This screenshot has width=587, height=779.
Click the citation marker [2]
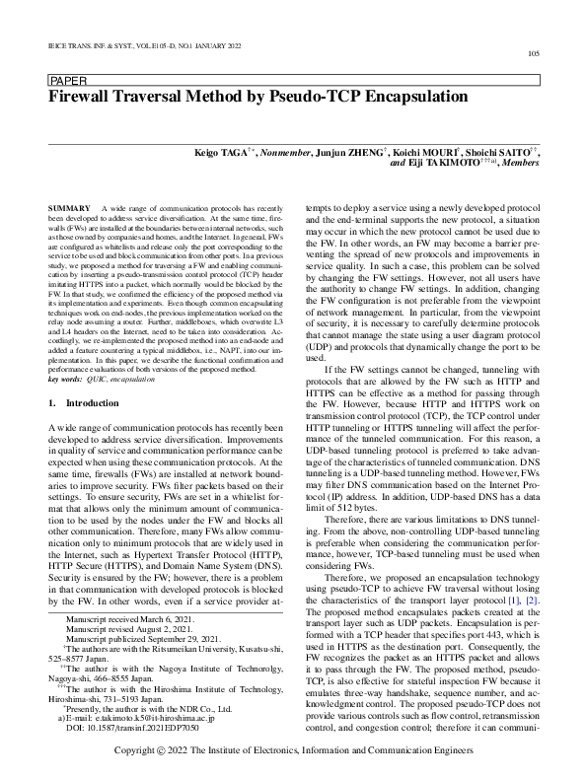532,573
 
